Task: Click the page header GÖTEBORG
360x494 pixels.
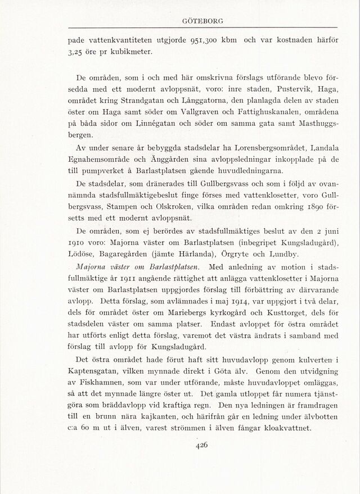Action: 203,21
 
